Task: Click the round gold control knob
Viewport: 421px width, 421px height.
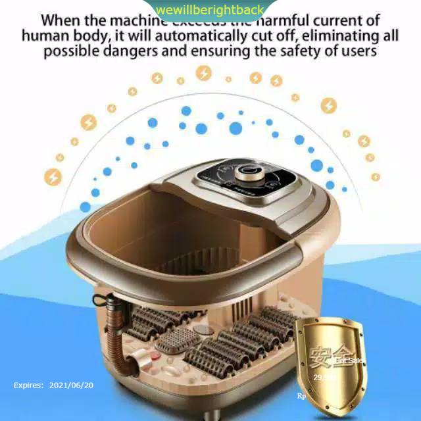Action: point(247,174)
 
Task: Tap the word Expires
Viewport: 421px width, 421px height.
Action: point(29,385)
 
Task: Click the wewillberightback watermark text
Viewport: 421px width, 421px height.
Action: point(210,10)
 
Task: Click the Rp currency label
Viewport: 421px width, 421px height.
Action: point(302,396)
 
